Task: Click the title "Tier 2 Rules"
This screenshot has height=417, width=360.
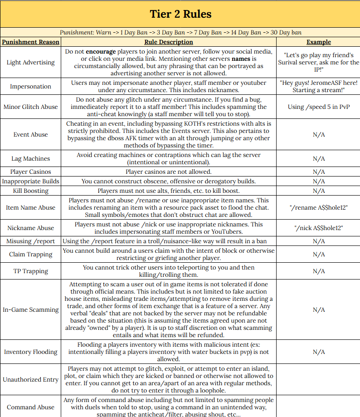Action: [x=180, y=14]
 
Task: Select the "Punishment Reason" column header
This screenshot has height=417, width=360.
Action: [x=31, y=42]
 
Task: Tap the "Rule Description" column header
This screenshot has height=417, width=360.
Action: [x=168, y=42]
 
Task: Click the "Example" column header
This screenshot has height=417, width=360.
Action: [x=318, y=42]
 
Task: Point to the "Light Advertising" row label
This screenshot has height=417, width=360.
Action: [x=31, y=62]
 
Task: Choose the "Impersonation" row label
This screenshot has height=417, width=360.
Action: [x=31, y=86]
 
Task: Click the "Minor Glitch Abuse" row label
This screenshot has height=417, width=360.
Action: [x=31, y=107]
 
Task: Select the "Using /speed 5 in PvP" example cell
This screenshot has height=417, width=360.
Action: [x=318, y=107]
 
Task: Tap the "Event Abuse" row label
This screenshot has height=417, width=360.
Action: [x=31, y=134]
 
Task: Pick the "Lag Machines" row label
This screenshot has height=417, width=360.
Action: [x=31, y=158]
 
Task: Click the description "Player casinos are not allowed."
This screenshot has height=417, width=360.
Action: [x=168, y=172]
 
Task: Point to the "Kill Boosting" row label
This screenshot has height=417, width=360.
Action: [x=31, y=191]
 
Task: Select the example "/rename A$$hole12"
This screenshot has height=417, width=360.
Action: [x=318, y=207]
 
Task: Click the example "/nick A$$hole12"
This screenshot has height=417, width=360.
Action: [x=318, y=228]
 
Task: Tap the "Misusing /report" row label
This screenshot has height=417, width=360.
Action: [x=31, y=241]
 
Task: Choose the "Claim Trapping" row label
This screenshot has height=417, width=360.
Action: [x=31, y=255]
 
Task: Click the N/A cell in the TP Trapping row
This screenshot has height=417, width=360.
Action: [x=318, y=271]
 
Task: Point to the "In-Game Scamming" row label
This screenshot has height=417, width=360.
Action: [x=31, y=309]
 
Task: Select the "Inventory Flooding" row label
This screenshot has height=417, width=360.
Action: [x=31, y=352]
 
